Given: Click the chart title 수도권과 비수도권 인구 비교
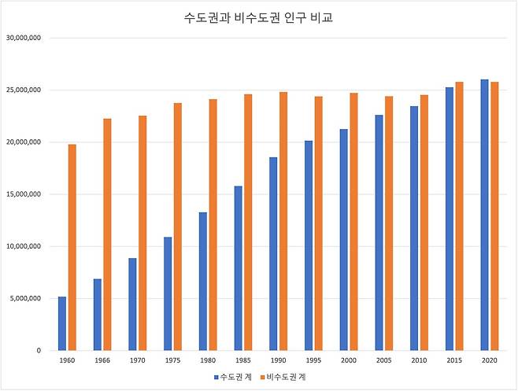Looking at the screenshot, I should [258, 17].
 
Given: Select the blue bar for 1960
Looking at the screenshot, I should [62, 323].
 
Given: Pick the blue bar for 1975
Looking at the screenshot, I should [168, 293].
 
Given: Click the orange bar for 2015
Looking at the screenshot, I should [460, 216].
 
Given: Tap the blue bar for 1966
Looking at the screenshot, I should [98, 315].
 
